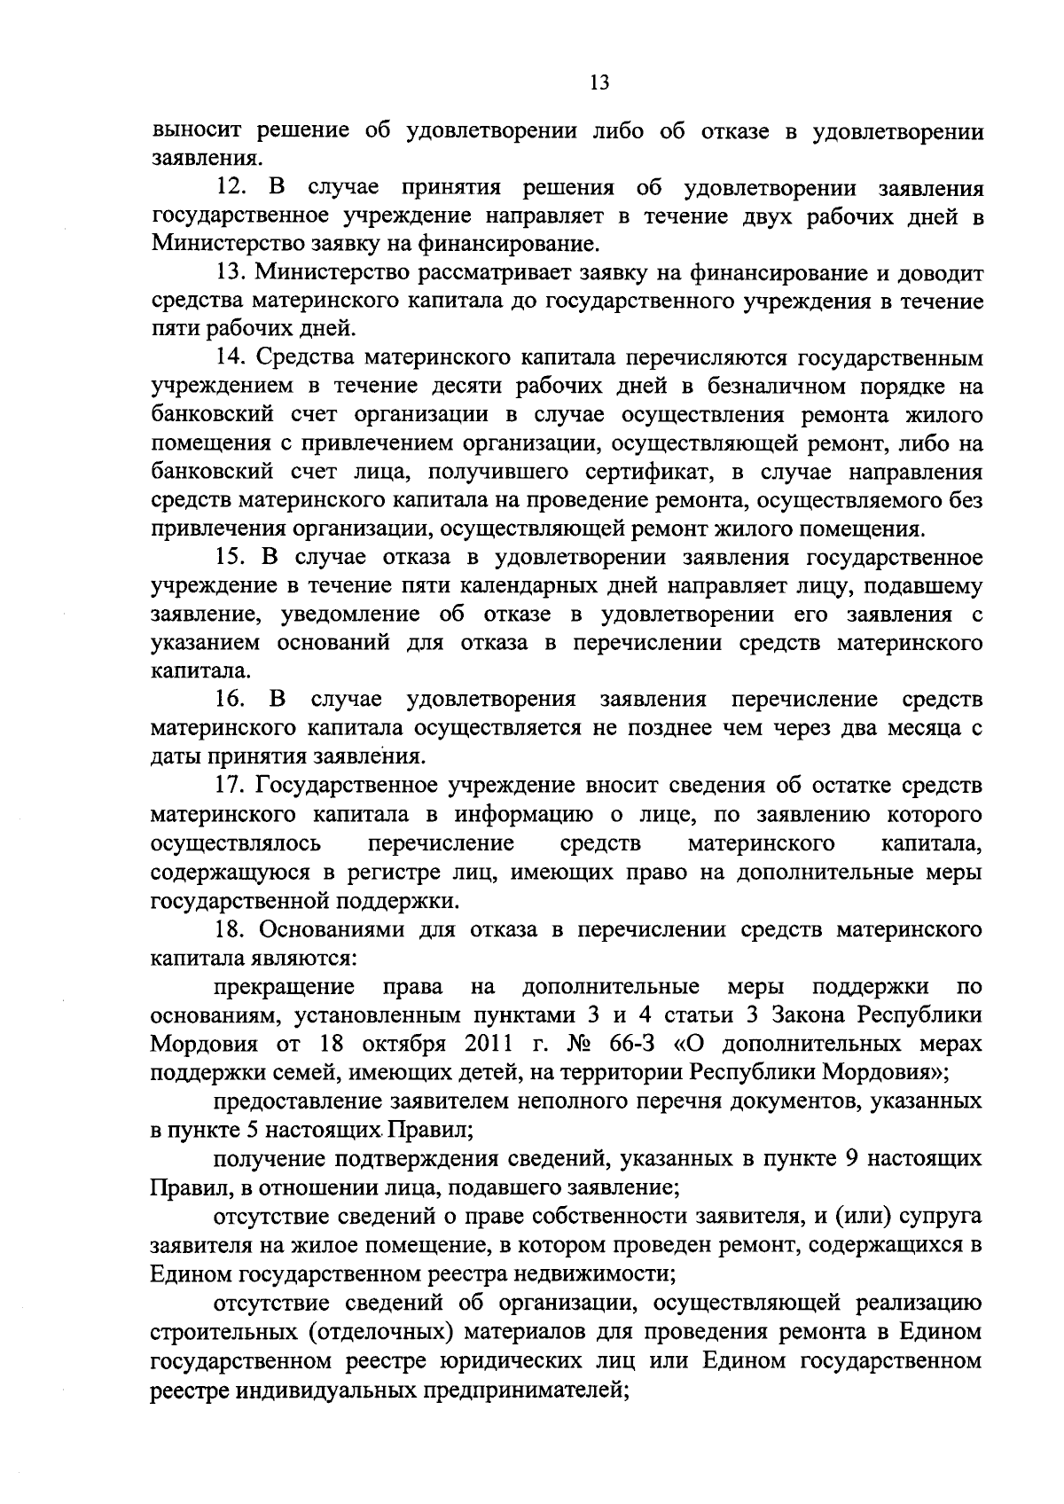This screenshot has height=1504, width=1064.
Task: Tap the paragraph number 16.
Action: pyautogui.click(x=231, y=700)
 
